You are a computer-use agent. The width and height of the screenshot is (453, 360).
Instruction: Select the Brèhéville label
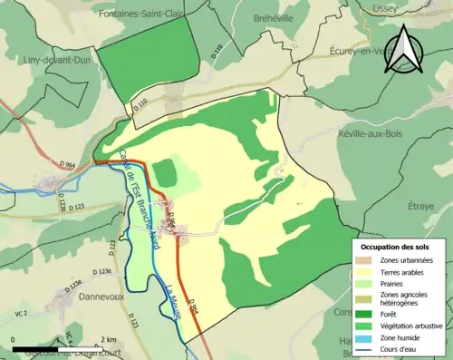pyautogui.click(x=259, y=15)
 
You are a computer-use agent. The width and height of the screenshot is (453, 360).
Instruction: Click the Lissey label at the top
pyautogui.click(x=390, y=6)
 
